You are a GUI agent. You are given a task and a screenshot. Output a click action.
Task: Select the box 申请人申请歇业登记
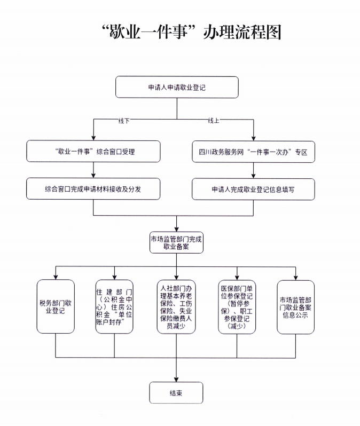pos(177,88)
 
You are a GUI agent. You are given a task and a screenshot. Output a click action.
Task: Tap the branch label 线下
pos(123,121)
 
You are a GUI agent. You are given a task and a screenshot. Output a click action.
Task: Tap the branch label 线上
pos(214,121)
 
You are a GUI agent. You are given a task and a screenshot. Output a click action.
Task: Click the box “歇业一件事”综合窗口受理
pos(93,152)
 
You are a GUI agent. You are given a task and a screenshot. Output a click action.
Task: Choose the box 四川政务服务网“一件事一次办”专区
pos(253,152)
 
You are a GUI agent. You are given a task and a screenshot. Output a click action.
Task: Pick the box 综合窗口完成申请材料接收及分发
pos(93,189)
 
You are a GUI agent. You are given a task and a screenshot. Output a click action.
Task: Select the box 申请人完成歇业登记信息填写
pos(253,189)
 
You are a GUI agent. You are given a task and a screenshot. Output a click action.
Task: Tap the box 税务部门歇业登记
pos(56,306)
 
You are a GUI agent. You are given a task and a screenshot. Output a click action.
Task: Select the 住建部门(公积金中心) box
pos(114,306)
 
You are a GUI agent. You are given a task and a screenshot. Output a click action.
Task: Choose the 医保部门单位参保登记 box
pos(237,306)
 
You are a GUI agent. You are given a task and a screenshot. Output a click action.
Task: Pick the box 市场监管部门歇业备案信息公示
pos(295,306)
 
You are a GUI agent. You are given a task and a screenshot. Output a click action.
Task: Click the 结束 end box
pos(176,393)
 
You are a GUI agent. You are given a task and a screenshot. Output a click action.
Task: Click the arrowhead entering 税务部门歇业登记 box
pos(56,276)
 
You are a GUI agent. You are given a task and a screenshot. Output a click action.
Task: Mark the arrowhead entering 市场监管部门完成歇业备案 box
pos(176,228)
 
